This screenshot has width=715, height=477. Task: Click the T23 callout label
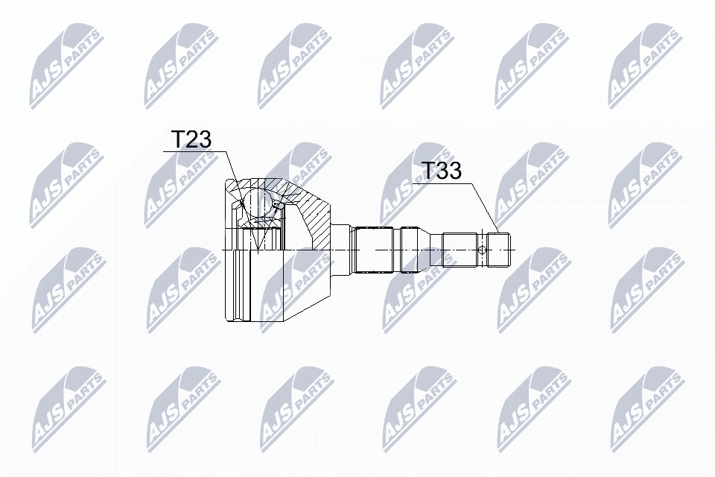(x=191, y=139)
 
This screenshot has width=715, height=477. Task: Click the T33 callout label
(x=442, y=171)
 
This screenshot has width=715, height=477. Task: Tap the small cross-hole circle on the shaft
(x=483, y=250)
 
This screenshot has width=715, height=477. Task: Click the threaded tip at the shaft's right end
(x=498, y=250)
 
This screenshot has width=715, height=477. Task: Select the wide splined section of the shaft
(x=374, y=250)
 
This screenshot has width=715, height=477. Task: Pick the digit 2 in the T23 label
(x=191, y=139)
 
